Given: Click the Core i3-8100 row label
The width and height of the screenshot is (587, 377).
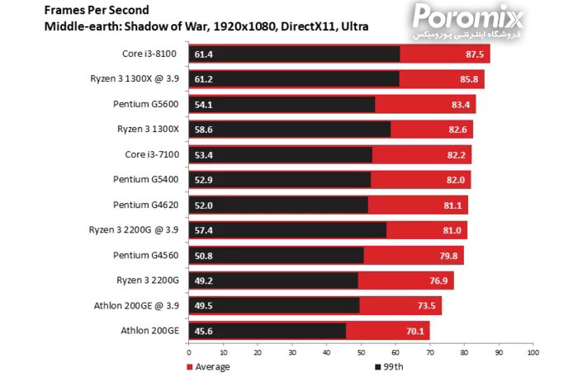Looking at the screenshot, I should click(x=149, y=54).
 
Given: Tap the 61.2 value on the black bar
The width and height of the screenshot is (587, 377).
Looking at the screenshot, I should click(x=204, y=79).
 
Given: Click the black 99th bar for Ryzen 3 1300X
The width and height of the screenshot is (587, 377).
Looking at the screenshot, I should click(x=289, y=130).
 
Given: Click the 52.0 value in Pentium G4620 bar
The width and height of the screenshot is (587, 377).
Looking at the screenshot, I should click(x=204, y=205).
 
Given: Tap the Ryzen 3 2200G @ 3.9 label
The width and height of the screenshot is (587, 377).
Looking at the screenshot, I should click(x=134, y=229).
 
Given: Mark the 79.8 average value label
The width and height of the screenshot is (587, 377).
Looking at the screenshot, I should click(x=449, y=256).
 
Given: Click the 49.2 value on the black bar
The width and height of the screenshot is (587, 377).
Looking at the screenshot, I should click(x=204, y=280).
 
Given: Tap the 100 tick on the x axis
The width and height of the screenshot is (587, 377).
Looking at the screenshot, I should click(x=533, y=352).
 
